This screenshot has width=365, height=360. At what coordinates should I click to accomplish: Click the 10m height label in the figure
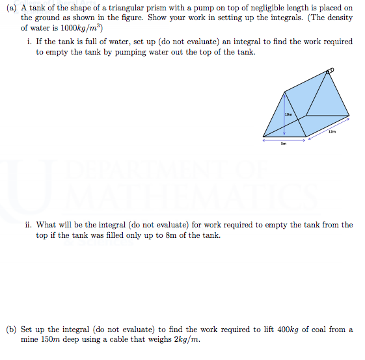point(289,114)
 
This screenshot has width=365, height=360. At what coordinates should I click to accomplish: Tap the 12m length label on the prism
point(332,132)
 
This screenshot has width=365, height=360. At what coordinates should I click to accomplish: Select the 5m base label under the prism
point(284,144)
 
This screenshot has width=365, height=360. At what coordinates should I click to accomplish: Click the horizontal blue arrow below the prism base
point(284,139)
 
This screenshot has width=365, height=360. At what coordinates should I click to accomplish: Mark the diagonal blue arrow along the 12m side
point(329,127)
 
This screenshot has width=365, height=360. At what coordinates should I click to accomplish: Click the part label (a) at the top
point(11,7)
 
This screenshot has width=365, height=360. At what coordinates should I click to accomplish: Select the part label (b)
point(11,329)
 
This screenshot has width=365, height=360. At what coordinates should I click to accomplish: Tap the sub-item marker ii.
point(29,225)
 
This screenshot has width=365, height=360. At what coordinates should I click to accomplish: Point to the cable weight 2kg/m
point(186,339)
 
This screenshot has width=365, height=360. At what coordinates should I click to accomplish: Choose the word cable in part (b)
point(130,339)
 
